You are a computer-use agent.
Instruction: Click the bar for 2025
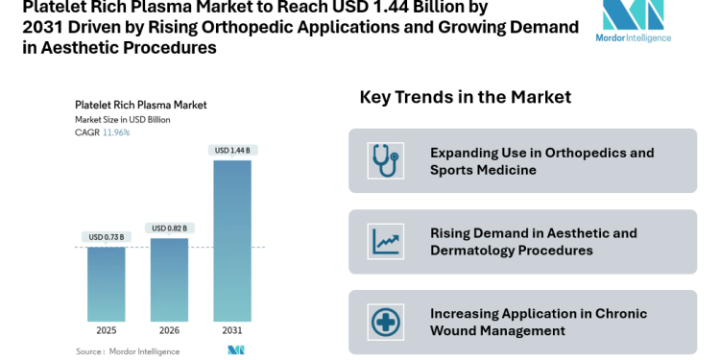pyautogui.click(x=106, y=283)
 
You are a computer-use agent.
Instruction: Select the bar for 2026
pyautogui.click(x=169, y=278)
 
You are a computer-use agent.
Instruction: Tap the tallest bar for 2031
pyautogui.click(x=231, y=240)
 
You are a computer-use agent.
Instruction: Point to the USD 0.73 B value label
pyautogui.click(x=106, y=237)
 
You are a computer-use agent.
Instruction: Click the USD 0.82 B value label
pyautogui.click(x=169, y=228)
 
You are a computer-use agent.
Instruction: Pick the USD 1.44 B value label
pyautogui.click(x=231, y=150)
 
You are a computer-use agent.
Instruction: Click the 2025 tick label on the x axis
pyautogui.click(x=106, y=329)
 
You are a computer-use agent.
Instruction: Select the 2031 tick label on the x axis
pyautogui.click(x=231, y=329)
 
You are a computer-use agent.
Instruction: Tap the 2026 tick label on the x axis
pyautogui.click(x=169, y=329)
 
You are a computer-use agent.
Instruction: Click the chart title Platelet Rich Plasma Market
pyautogui.click(x=140, y=106)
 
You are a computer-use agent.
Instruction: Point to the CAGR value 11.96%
pyautogui.click(x=116, y=132)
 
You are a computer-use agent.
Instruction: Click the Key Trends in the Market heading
pyautogui.click(x=465, y=97)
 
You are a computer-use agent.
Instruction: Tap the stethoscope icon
pyautogui.click(x=385, y=160)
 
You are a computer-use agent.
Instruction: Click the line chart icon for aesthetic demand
pyautogui.click(x=385, y=241)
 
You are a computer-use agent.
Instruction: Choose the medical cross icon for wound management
pyautogui.click(x=385, y=322)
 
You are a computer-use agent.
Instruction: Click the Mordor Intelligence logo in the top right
pyautogui.click(x=633, y=22)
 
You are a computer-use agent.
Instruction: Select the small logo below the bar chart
pyautogui.click(x=235, y=350)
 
